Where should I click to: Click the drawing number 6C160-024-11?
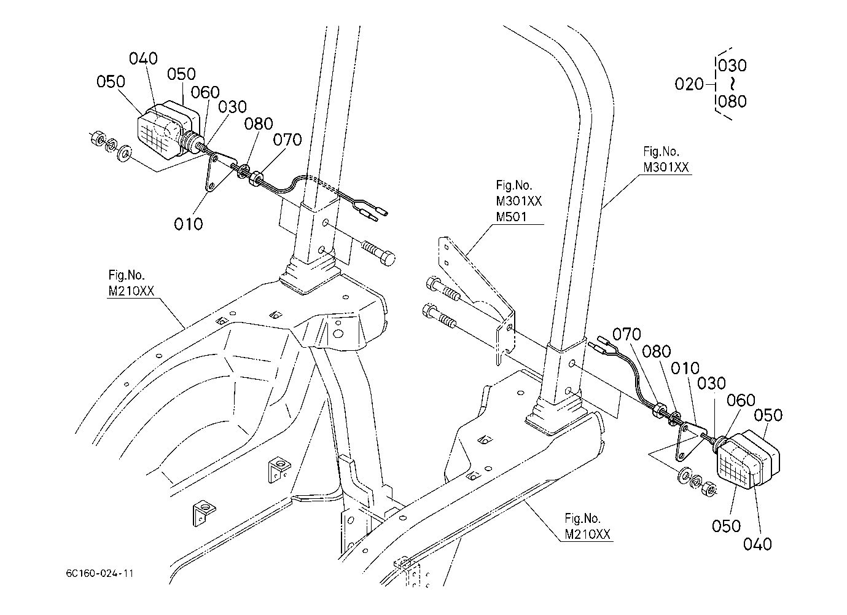click(x=100, y=573)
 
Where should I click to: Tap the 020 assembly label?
click(x=689, y=84)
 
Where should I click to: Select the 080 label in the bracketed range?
click(x=732, y=101)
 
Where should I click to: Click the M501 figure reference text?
click(x=511, y=217)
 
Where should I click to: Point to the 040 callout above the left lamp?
click(x=143, y=58)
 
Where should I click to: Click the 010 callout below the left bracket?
click(x=189, y=224)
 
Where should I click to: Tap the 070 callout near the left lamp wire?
click(x=287, y=140)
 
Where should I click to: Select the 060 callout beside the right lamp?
click(x=741, y=400)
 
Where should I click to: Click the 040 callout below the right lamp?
click(x=757, y=544)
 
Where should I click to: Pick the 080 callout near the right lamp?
click(x=657, y=352)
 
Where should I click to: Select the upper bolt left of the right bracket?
click(x=443, y=289)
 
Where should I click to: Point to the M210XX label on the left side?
click(x=131, y=291)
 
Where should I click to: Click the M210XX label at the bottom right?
click(x=587, y=534)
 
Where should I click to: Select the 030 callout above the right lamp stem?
click(x=711, y=383)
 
